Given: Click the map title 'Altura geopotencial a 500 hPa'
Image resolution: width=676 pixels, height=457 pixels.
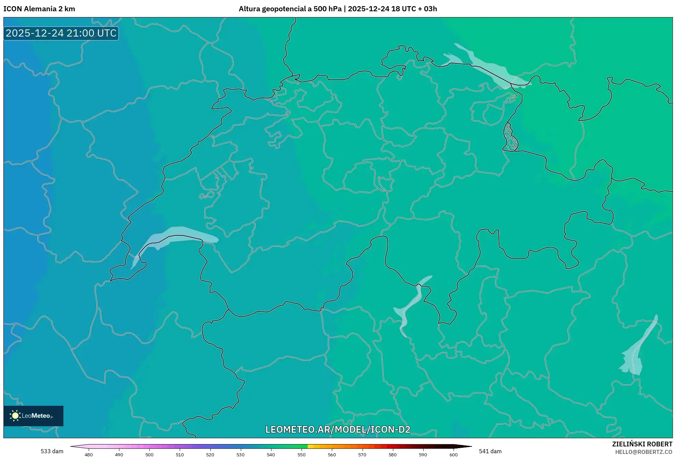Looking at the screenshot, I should click(x=290, y=9).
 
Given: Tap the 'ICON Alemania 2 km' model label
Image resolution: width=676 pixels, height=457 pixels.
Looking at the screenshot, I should click(x=39, y=9).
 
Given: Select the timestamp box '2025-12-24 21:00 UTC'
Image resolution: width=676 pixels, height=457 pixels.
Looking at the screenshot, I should click(x=61, y=33).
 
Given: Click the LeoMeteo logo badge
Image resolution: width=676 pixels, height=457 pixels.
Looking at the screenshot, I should click(x=33, y=416).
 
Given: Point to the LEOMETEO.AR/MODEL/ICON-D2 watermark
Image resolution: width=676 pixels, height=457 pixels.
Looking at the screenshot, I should click(x=338, y=429).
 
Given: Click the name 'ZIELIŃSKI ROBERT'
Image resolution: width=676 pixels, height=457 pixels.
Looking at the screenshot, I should click(x=642, y=444).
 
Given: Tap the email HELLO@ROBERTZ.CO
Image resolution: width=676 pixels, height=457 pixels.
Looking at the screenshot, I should click(x=644, y=452).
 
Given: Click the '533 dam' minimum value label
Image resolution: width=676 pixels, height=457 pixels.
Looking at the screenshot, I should click(x=52, y=451).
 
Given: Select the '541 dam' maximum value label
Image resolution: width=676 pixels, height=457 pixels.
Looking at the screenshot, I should click(x=490, y=451).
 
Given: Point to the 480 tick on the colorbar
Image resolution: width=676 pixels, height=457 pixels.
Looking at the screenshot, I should click(x=89, y=454).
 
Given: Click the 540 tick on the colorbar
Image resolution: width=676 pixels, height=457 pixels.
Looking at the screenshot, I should click(x=271, y=454).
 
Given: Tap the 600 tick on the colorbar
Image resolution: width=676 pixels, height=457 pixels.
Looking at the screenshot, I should click(x=453, y=454).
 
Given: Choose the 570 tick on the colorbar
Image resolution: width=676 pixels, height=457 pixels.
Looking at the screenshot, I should click(x=362, y=454).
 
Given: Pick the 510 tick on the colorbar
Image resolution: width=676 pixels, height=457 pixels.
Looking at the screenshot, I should click(x=180, y=454).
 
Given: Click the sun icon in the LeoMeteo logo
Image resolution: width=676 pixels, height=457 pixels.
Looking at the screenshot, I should click(x=15, y=416).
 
